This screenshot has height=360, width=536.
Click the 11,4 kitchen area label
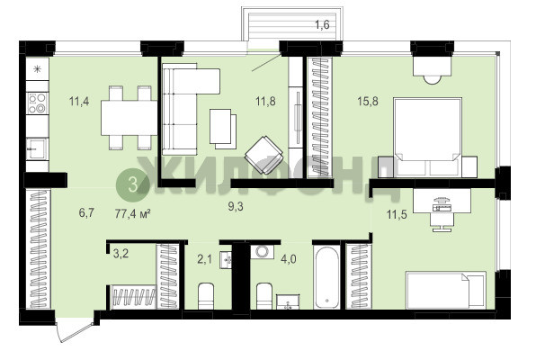click(x=79, y=102)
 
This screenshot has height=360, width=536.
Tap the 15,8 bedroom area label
click(x=368, y=102)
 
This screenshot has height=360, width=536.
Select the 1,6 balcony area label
click(x=322, y=25)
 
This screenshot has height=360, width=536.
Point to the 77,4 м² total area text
click(x=133, y=214)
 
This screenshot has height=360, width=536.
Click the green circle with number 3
click(x=132, y=184)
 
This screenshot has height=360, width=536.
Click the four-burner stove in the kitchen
click(x=37, y=103)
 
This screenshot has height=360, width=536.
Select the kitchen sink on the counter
click(x=37, y=148)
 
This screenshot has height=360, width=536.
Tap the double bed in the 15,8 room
click(x=428, y=137)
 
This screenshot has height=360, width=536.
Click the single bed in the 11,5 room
click(x=446, y=290)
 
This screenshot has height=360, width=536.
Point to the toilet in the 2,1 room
click(x=206, y=296)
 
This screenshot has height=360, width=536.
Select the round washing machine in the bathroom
click(x=263, y=251)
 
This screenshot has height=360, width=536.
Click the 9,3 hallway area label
click(x=236, y=206)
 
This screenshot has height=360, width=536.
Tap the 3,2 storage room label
click(x=121, y=254)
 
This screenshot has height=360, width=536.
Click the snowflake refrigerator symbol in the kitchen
click(x=37, y=69)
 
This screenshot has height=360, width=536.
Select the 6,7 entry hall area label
click(x=86, y=213)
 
